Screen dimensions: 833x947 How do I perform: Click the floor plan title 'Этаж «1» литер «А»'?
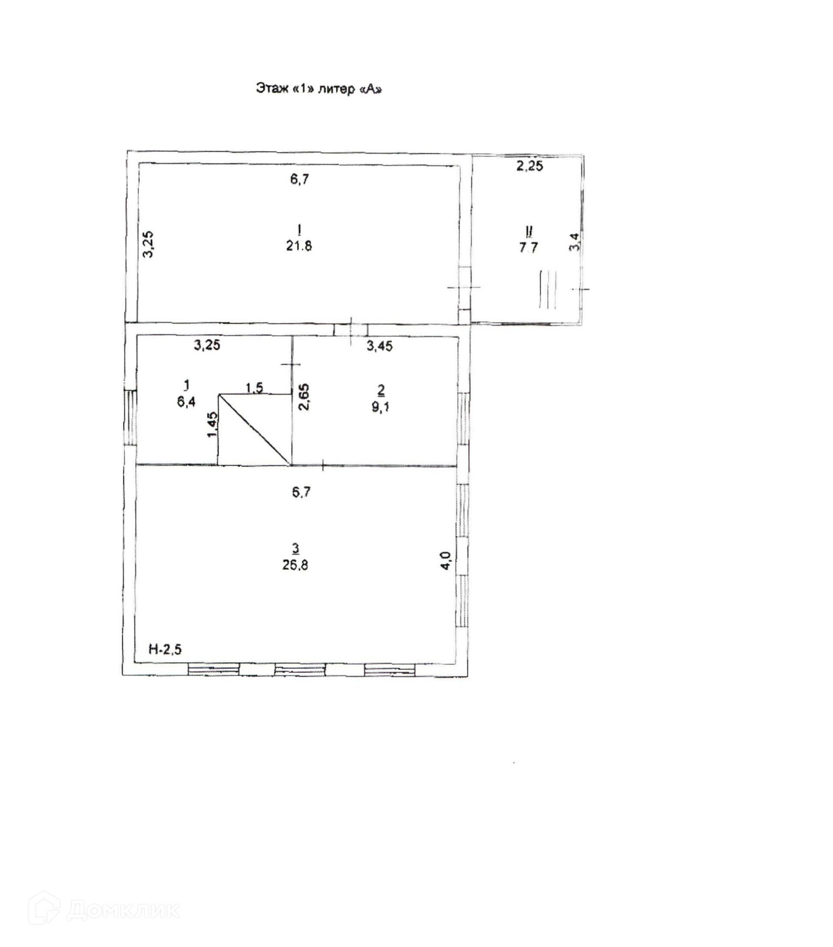[x=318, y=89]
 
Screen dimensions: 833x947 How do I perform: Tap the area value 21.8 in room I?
[x=298, y=246]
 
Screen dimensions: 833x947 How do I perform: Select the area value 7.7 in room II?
[x=528, y=248]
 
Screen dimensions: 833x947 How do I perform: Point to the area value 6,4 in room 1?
[x=186, y=402]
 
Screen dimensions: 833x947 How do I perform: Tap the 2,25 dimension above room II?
[x=530, y=166]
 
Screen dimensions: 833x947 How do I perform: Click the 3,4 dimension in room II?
[x=574, y=241]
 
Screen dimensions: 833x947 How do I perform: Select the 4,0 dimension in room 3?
[x=445, y=561]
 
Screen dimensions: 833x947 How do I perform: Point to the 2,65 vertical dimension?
[x=305, y=396]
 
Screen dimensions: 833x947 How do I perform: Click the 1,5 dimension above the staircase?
[x=254, y=388]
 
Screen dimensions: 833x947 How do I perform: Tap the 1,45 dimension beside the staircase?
[x=212, y=424]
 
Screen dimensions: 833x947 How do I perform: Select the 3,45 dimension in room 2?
[x=380, y=346]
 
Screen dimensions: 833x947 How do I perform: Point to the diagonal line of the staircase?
[x=254, y=429]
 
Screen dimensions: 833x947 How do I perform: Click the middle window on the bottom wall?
[x=300, y=669]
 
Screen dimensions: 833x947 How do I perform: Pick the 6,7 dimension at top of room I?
[x=300, y=179]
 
